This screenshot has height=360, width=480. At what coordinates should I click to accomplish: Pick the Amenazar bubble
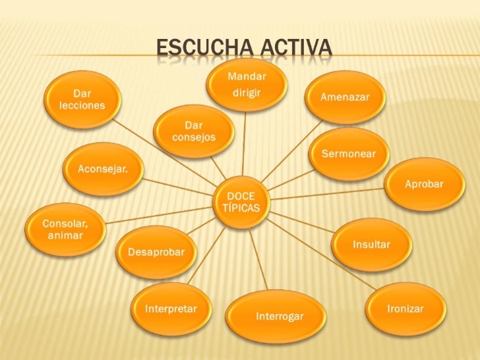(345, 97)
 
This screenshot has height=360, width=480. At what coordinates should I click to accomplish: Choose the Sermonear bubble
(348, 154)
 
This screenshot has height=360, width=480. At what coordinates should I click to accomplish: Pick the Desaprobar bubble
(156, 253)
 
